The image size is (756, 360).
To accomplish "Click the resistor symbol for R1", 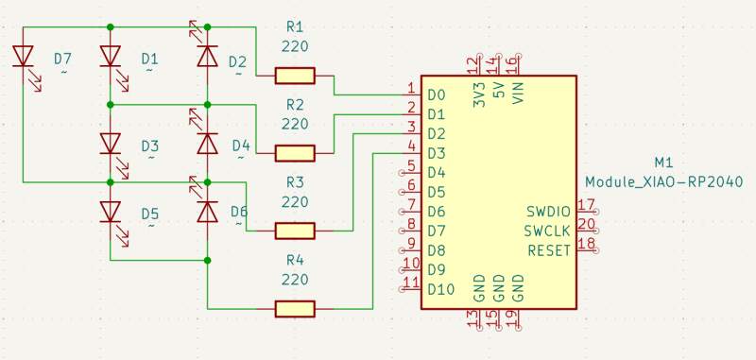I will click(x=295, y=75).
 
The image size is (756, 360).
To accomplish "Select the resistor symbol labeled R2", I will click(x=295, y=152).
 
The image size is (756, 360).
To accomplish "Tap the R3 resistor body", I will click(x=295, y=230).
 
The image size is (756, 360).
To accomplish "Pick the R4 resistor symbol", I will click(x=295, y=308).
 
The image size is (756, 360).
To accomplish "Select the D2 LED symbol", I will click(x=207, y=57).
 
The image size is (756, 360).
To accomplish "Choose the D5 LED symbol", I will click(x=111, y=212).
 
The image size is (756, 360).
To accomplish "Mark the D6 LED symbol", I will click(x=207, y=212).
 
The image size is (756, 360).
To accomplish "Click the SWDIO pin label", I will click(x=548, y=211).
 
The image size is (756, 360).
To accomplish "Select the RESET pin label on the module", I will click(x=548, y=249).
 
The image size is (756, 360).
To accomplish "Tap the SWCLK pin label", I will click(x=548, y=231).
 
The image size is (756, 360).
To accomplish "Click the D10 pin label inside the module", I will click(x=441, y=289).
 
